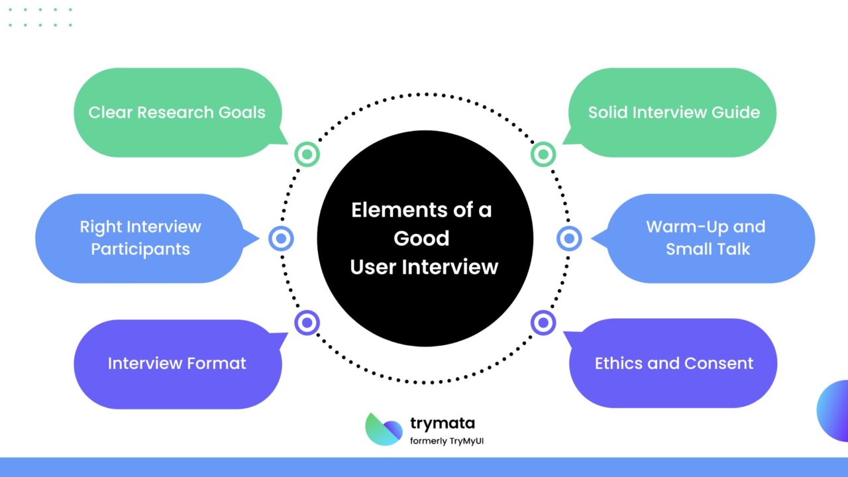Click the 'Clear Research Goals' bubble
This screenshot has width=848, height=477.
click(177, 112)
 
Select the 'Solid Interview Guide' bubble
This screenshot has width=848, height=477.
click(673, 112)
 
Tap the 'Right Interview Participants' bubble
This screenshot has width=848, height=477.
click(140, 238)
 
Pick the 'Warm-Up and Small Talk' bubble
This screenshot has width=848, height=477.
click(706, 238)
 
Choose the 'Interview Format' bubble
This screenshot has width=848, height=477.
click(177, 363)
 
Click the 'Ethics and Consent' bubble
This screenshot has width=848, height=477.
click(673, 363)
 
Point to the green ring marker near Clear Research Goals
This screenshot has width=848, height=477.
click(307, 154)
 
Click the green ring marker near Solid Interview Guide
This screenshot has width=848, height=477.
click(543, 154)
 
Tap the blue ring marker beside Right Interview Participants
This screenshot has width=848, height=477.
click(281, 238)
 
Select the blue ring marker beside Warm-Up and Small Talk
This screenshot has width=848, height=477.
click(568, 238)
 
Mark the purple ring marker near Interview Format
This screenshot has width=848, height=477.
click(307, 323)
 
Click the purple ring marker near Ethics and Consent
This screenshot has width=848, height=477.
click(543, 323)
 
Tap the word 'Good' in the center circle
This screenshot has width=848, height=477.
click(421, 238)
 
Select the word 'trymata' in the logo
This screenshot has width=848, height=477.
click(442, 423)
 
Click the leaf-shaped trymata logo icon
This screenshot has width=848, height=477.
click(384, 429)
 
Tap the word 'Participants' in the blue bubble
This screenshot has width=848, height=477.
click(140, 249)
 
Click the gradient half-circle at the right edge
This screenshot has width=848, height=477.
click(834, 411)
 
